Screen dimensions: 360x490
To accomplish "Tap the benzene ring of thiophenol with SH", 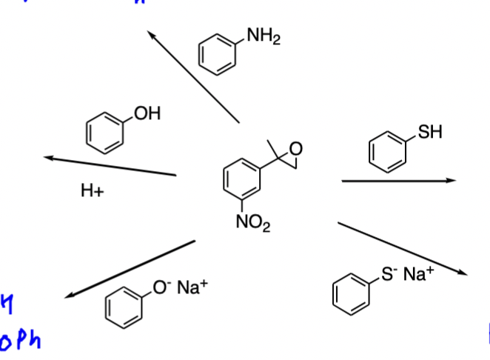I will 387,152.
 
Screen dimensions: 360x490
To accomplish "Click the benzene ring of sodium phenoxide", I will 123,304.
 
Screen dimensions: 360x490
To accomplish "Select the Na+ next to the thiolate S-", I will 419,275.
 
